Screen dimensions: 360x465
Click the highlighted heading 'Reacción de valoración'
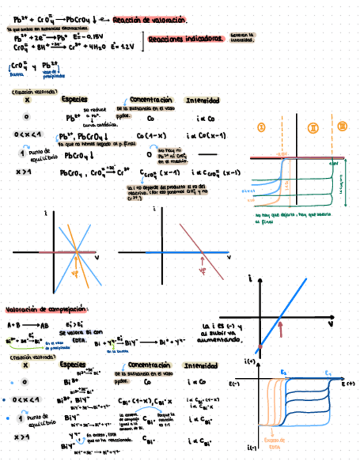pos(149,20)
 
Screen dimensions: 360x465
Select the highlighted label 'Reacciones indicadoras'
pos(185,39)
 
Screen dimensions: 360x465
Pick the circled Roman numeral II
pos(314,127)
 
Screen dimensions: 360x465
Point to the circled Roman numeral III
pos(342,127)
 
